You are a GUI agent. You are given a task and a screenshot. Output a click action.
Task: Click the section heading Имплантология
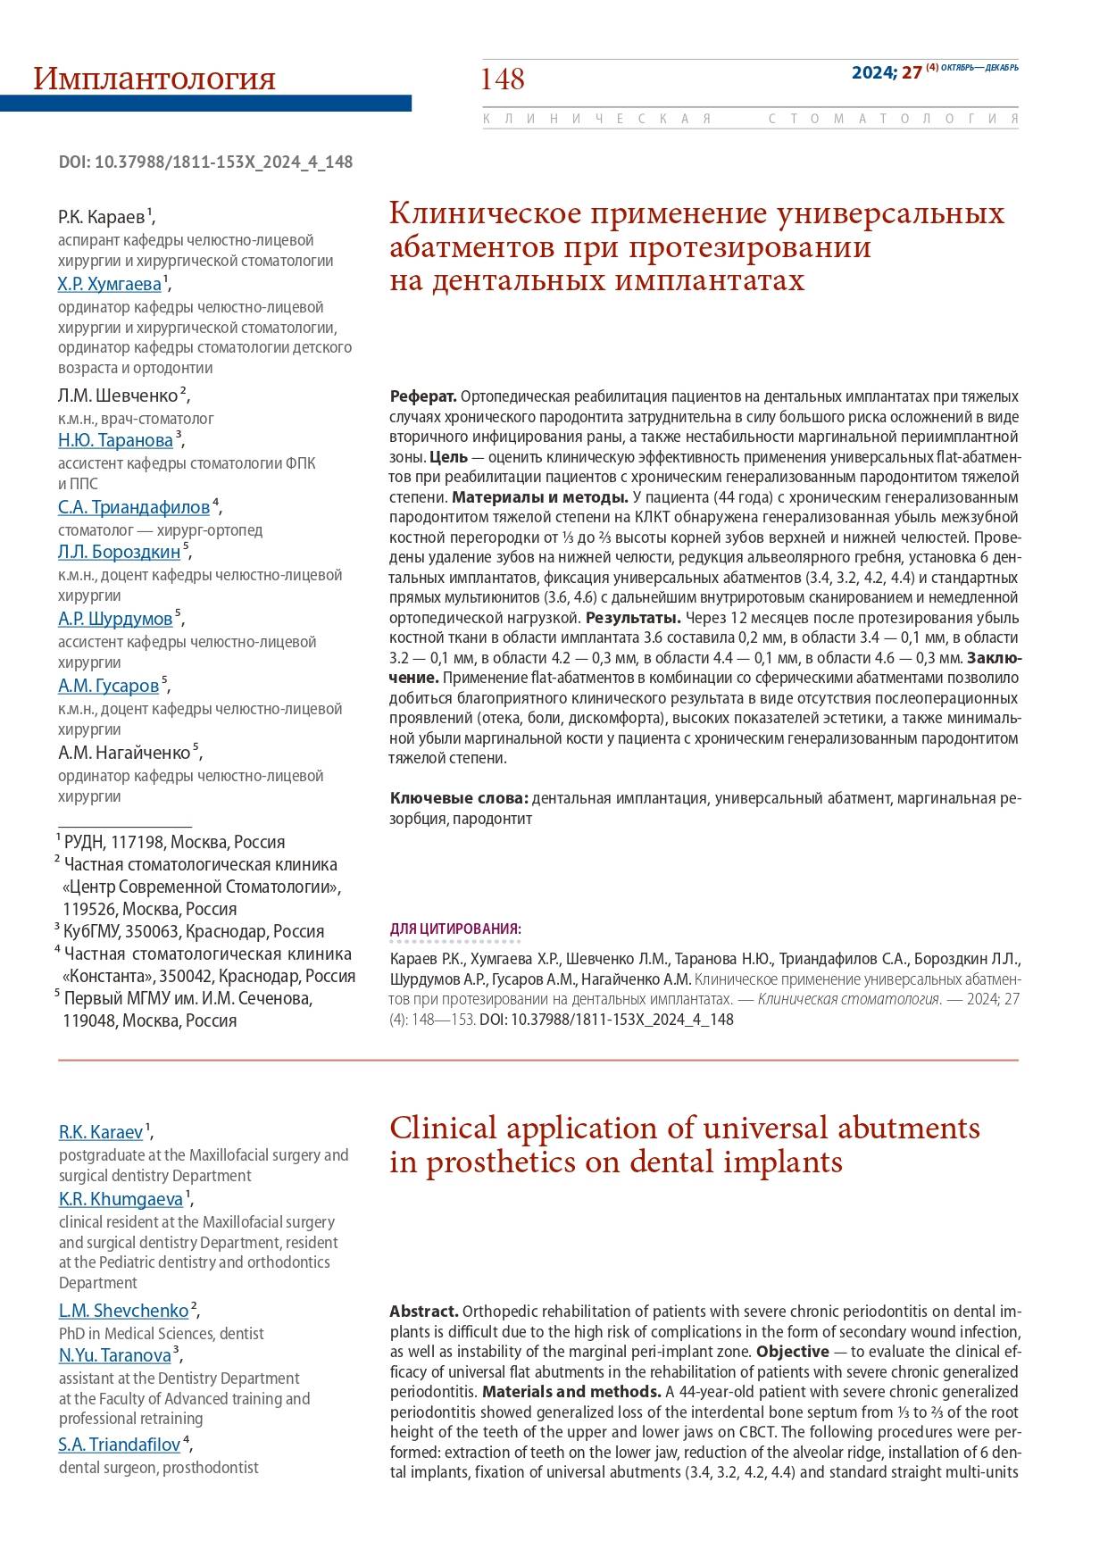coord(154,79)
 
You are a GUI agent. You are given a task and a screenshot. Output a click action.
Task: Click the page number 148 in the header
coord(503,79)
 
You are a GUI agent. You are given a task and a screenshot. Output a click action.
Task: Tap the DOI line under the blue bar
coord(205,162)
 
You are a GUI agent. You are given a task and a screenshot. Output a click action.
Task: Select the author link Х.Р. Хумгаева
coord(110,284)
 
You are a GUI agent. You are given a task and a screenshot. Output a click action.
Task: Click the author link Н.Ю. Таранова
coord(115,440)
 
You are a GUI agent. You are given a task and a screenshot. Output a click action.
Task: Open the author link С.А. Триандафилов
coord(134,507)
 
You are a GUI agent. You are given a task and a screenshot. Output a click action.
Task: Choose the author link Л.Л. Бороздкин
coord(119,552)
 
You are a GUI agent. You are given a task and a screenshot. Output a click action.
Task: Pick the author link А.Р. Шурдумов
coord(115,619)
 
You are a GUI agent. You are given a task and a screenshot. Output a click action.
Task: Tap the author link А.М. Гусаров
coord(108,686)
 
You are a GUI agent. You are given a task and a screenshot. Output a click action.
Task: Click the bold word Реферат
coord(423,396)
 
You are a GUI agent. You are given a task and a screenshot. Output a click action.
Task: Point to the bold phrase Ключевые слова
coord(459,798)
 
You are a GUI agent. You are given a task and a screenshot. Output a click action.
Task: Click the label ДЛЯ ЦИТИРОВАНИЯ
coord(455,929)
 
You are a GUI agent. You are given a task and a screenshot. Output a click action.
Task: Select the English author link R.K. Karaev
coord(101,1132)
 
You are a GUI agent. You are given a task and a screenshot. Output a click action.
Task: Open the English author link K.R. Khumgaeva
coord(121,1199)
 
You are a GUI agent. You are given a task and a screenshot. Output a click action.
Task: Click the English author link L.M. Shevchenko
coord(123,1311)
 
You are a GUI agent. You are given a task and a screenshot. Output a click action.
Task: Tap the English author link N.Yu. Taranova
coord(114,1355)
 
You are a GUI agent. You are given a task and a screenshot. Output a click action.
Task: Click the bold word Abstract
coord(424,1312)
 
